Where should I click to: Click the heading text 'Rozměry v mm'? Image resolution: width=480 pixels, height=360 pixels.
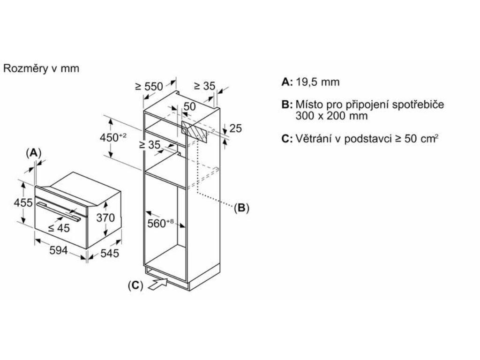[x=41, y=68]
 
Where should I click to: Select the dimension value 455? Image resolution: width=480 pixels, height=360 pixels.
[x=23, y=203]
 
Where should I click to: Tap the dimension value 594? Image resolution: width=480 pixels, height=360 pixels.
[x=59, y=250]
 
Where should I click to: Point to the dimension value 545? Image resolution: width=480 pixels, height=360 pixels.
[x=110, y=253]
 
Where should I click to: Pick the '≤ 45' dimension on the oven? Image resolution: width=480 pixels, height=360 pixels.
[x=59, y=228]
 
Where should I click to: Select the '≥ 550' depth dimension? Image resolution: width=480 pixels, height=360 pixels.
[x=149, y=86]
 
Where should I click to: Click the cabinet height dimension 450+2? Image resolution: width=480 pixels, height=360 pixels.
[x=113, y=137]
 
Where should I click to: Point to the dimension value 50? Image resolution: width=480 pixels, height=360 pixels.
[x=189, y=107]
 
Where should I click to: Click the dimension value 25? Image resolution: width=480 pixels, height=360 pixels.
[x=235, y=128]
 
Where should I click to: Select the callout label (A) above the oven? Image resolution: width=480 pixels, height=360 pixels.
[x=34, y=152]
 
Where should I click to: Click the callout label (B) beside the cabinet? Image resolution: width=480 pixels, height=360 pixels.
[x=241, y=208]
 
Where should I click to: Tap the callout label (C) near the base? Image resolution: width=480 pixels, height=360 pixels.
[x=135, y=285]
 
